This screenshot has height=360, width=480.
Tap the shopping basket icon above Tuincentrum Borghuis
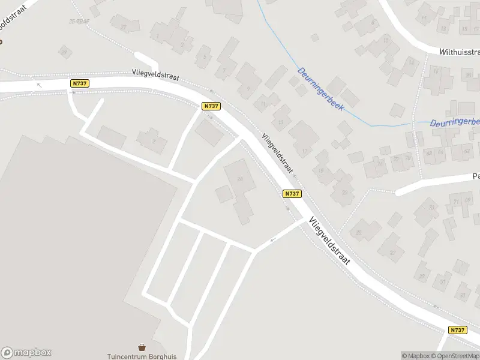coord(142,347)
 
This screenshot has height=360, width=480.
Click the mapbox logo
coord(26,353)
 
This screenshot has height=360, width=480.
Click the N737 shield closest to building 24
coord(292,193)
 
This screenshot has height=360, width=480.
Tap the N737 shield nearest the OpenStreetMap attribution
coord(457,330)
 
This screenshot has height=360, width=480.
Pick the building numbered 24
coord(241,179)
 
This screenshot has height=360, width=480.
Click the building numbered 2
coord(154,141)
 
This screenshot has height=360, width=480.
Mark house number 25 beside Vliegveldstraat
coord(359,232)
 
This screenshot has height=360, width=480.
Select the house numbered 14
coord(411,62)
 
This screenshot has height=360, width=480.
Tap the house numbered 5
coord(205,57)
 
